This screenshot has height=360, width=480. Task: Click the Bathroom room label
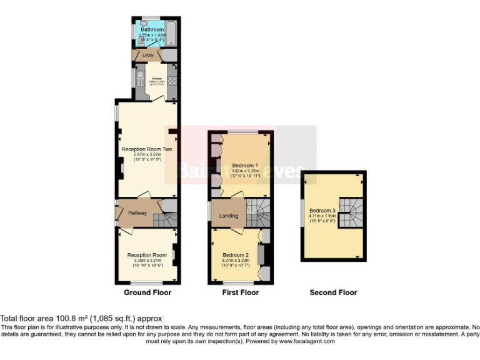[152, 29]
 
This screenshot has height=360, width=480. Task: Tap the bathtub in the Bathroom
[172, 34]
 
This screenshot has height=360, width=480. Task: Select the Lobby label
[148, 56]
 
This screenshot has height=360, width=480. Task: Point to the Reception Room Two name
[146, 149]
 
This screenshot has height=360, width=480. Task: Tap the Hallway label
[137, 213]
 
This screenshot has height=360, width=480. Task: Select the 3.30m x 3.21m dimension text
[147, 261]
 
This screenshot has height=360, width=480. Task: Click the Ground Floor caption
[147, 292]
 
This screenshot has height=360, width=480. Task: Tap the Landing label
[229, 216]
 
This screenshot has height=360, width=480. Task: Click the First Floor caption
[241, 292]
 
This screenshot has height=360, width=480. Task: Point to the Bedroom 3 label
[322, 211]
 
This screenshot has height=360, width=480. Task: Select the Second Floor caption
[334, 292]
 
